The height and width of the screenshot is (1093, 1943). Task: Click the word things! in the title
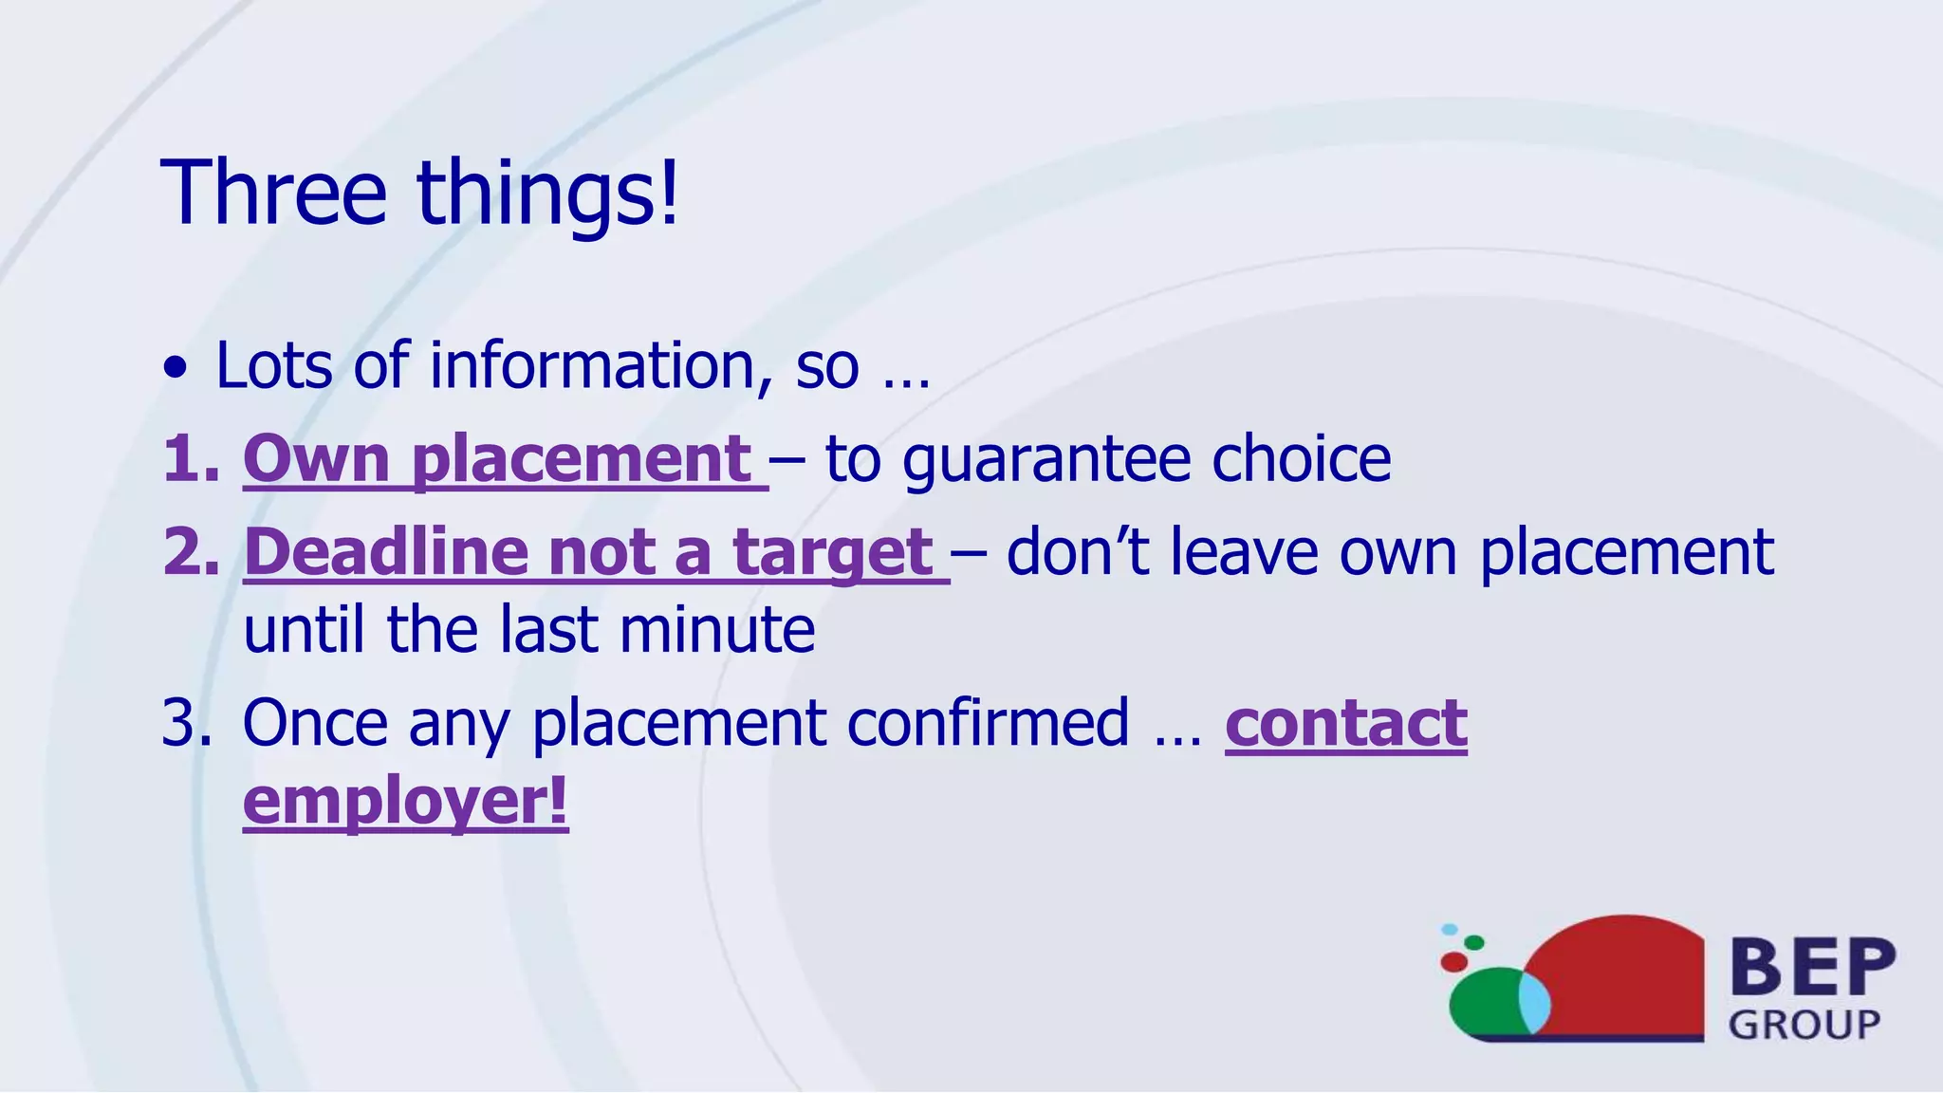pyautogui.click(x=548, y=195)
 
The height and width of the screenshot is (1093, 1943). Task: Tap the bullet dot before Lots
pyautogui.click(x=175, y=368)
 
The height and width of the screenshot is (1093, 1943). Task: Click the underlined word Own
pyautogui.click(x=316, y=459)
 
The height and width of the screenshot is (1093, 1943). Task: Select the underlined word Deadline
pyautogui.click(x=384, y=552)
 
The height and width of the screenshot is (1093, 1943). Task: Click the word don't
pyautogui.click(x=1078, y=552)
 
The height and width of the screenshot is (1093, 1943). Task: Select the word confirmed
pyautogui.click(x=988, y=723)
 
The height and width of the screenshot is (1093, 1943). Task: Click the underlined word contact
pyautogui.click(x=1345, y=723)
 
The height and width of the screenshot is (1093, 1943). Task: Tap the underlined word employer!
pyautogui.click(x=405, y=801)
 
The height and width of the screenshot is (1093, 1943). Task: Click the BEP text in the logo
pyautogui.click(x=1813, y=967)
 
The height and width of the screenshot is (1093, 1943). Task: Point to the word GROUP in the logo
pyautogui.click(x=1804, y=1025)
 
